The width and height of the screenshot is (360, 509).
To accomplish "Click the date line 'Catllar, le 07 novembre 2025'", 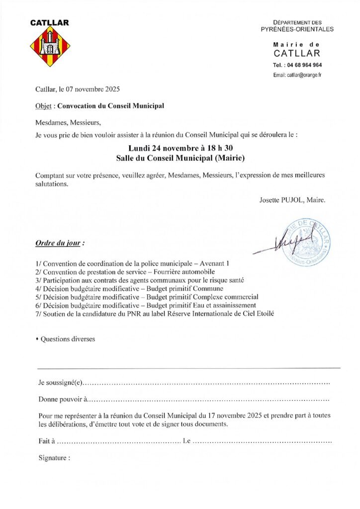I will point(78,90).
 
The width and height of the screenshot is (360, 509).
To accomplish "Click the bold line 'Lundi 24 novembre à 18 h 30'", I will point(180,148).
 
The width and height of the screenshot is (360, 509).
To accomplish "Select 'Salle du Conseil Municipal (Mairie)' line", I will point(180,158).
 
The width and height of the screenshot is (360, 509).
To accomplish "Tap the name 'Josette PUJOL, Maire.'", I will point(292,200).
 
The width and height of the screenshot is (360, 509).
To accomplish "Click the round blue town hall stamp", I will point(306,243).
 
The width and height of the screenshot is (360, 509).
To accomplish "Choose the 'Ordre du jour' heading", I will point(60,244).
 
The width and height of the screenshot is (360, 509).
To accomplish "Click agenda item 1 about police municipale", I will point(132,263).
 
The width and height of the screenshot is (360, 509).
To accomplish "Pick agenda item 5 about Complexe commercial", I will point(147,297).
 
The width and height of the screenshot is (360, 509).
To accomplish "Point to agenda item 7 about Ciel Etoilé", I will point(155,313).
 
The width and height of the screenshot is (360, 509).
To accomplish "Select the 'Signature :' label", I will point(54,458).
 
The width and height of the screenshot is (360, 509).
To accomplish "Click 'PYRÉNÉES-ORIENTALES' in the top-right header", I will point(297,29).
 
